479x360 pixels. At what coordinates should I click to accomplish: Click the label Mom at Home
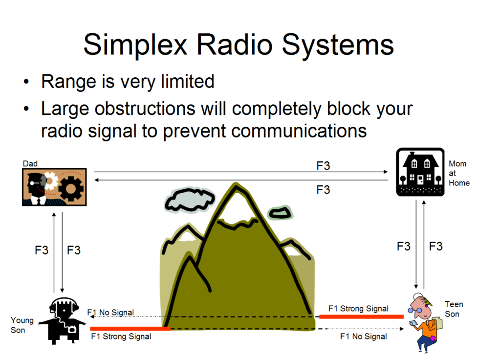458,173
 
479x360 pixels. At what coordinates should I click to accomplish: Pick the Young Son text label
22,325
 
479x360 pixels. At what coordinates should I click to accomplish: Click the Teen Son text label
453,309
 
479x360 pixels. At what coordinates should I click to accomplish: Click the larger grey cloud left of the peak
190,199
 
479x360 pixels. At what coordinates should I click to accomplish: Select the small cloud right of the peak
280,212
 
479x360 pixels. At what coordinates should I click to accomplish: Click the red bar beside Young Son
130,329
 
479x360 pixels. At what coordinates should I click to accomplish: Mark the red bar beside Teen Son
361,316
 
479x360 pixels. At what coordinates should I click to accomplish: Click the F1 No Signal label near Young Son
110,313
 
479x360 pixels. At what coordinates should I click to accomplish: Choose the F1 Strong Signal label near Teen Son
358,309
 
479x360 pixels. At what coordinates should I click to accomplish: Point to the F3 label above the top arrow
323,166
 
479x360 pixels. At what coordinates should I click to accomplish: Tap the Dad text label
30,164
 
